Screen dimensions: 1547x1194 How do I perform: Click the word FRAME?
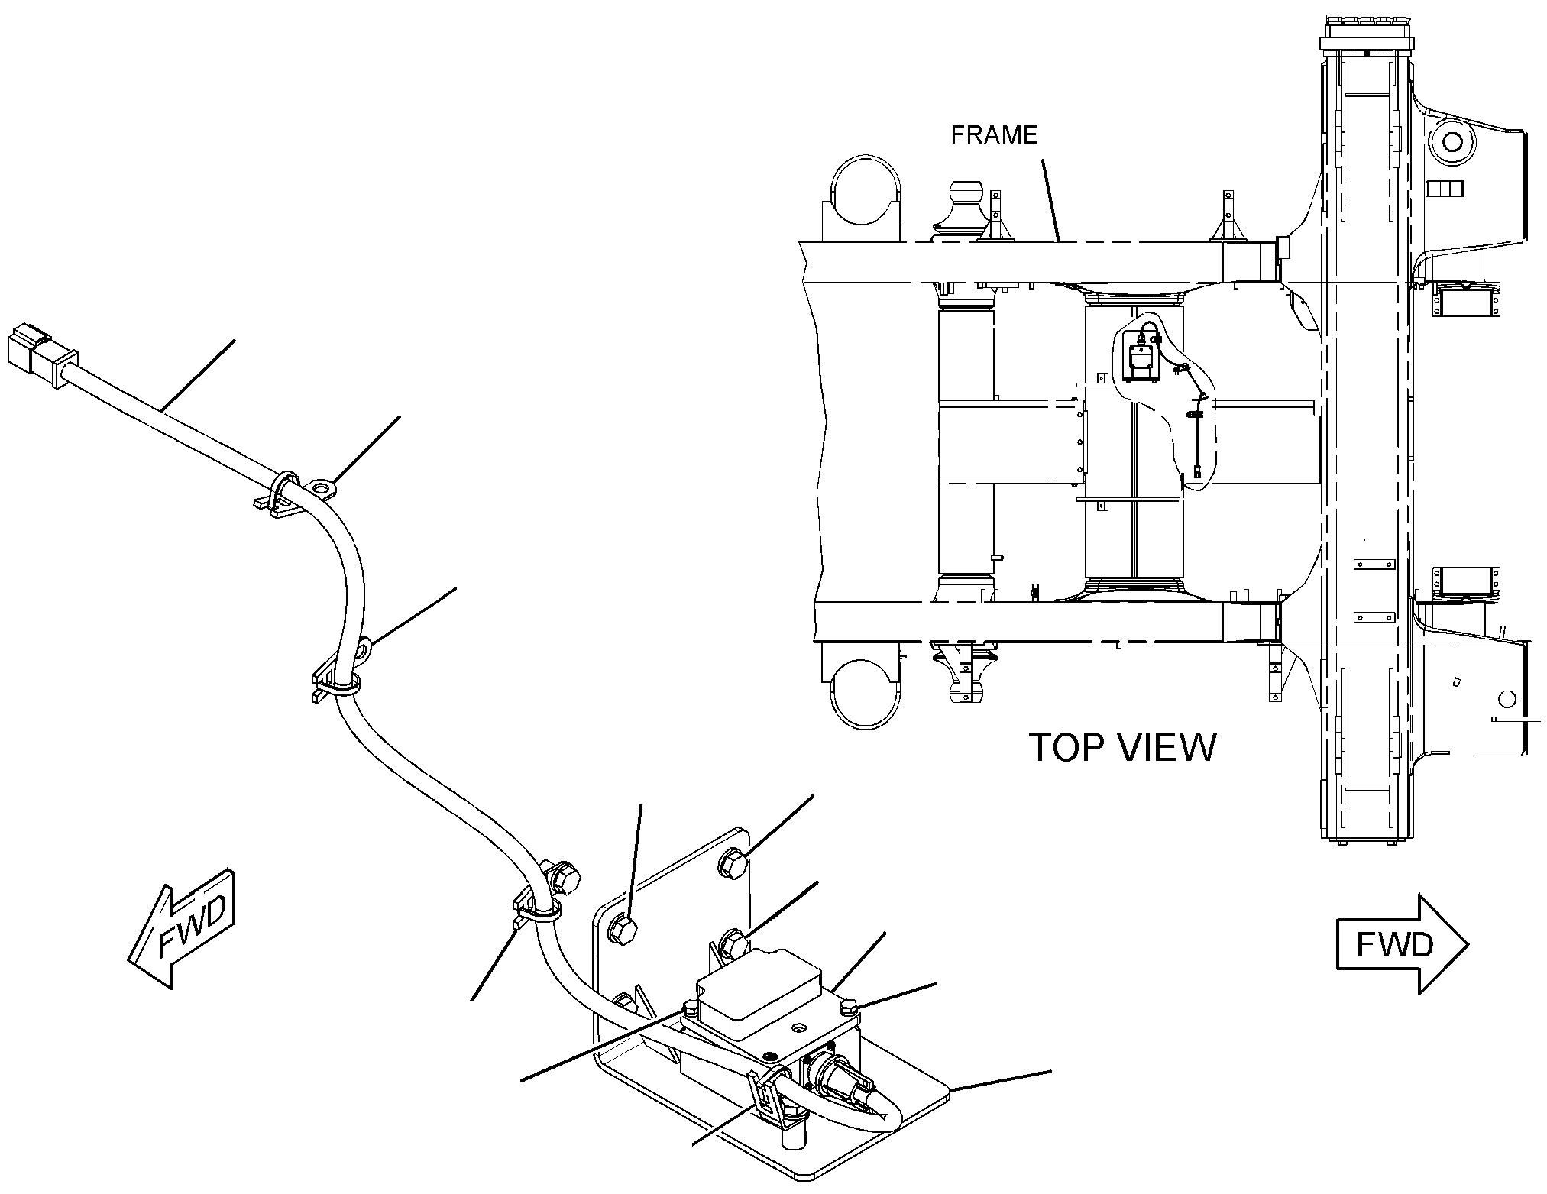(x=994, y=134)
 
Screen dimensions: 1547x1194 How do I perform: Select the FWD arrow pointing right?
(x=1402, y=944)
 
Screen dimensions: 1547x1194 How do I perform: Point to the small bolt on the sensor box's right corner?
(x=849, y=1010)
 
